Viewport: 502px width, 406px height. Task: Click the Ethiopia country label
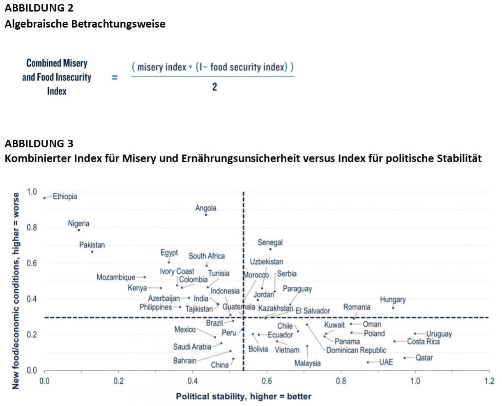click(64, 196)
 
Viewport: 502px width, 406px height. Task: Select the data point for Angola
click(206, 215)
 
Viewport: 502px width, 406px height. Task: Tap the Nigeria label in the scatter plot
click(78, 224)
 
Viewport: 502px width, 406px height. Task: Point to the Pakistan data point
click(92, 251)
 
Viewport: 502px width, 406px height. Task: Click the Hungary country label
click(392, 300)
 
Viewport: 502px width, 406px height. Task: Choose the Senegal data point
click(270, 249)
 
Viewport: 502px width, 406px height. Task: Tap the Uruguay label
click(439, 334)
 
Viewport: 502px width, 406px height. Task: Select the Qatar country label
click(424, 358)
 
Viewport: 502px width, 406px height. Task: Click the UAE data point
click(368, 362)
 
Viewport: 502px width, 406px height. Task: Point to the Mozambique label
click(115, 277)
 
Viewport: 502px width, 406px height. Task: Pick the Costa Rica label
click(423, 341)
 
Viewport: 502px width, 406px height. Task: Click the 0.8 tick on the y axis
click(32, 228)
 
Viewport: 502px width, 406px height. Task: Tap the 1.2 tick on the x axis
click(489, 381)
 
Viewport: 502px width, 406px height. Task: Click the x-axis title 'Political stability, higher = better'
click(244, 397)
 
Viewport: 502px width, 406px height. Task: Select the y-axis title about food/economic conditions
click(16, 291)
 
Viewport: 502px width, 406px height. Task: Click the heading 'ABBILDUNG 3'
click(39, 143)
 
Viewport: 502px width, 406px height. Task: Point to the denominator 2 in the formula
click(214, 87)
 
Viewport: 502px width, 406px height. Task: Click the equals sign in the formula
click(115, 77)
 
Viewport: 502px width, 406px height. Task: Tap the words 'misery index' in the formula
click(161, 67)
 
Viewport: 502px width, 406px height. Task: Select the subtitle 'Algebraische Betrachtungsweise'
click(85, 24)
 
